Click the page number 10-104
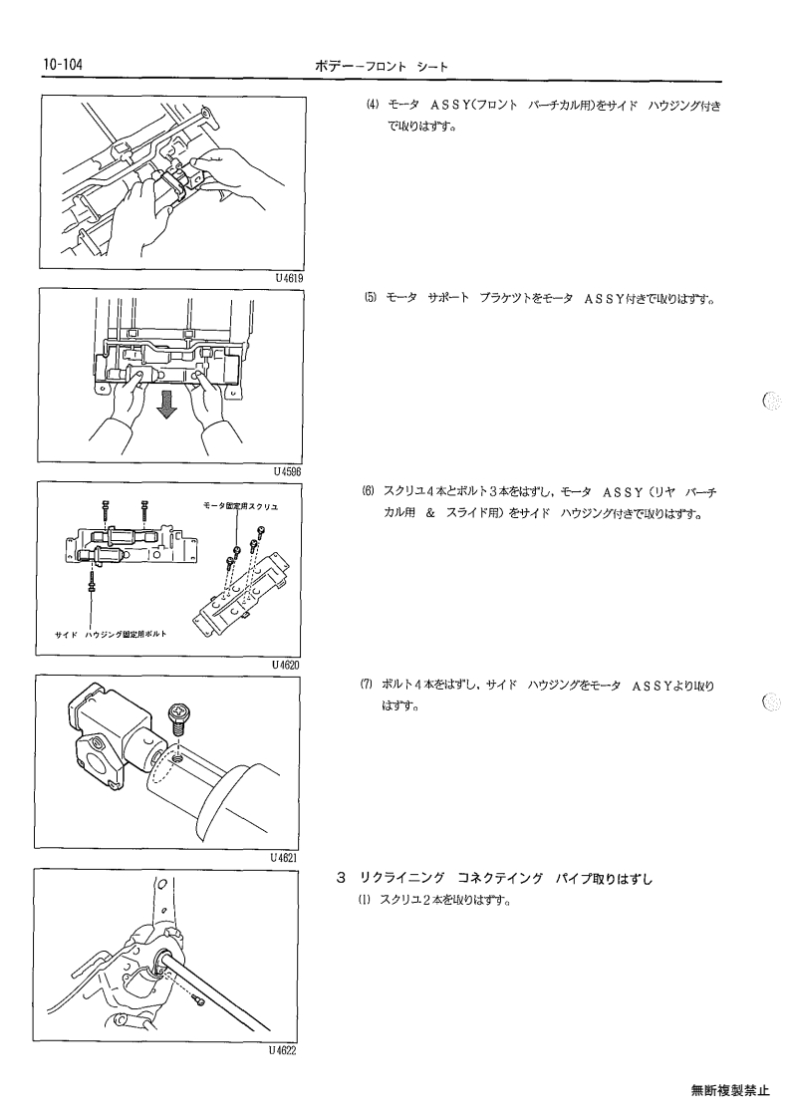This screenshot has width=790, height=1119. pyautogui.click(x=63, y=65)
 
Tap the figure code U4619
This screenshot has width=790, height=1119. pyautogui.click(x=290, y=278)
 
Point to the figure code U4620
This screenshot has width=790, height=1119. pyautogui.click(x=286, y=665)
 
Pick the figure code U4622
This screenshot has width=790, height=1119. pyautogui.click(x=283, y=1050)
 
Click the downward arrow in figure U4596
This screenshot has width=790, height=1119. pyautogui.click(x=167, y=406)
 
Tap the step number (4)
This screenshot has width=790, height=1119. pyautogui.click(x=372, y=105)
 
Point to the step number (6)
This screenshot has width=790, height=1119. pyautogui.click(x=369, y=491)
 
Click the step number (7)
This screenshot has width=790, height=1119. pyautogui.click(x=367, y=685)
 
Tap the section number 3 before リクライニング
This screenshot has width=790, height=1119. pyautogui.click(x=342, y=878)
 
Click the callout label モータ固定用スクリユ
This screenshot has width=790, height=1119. pyautogui.click(x=240, y=506)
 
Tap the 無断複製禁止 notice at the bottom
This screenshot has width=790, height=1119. pyautogui.click(x=730, y=1090)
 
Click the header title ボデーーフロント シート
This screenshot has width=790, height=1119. pyautogui.click(x=382, y=67)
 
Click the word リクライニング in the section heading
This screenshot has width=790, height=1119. pyautogui.click(x=402, y=879)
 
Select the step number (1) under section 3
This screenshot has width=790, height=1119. pyautogui.click(x=365, y=900)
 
